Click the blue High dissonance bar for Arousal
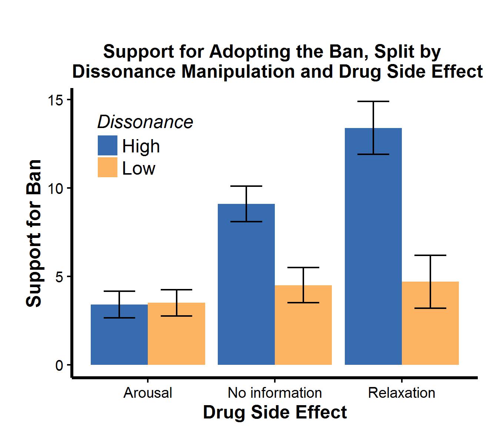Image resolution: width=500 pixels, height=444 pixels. point(119,340)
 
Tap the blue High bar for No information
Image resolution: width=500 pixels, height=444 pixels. point(246,289)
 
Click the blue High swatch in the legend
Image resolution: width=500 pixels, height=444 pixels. point(107,145)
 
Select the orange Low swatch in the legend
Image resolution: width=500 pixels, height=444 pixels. point(107,167)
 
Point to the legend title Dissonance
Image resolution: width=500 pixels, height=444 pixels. point(145,122)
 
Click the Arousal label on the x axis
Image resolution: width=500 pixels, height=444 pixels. point(148,393)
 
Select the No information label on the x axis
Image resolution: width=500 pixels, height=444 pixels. point(275,393)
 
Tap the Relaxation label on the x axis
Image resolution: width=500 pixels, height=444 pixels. point(402,393)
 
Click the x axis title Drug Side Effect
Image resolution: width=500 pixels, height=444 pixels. point(275,412)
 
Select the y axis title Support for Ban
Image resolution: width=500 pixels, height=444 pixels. point(34,233)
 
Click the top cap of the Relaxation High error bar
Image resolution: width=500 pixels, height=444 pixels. point(373,101)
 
